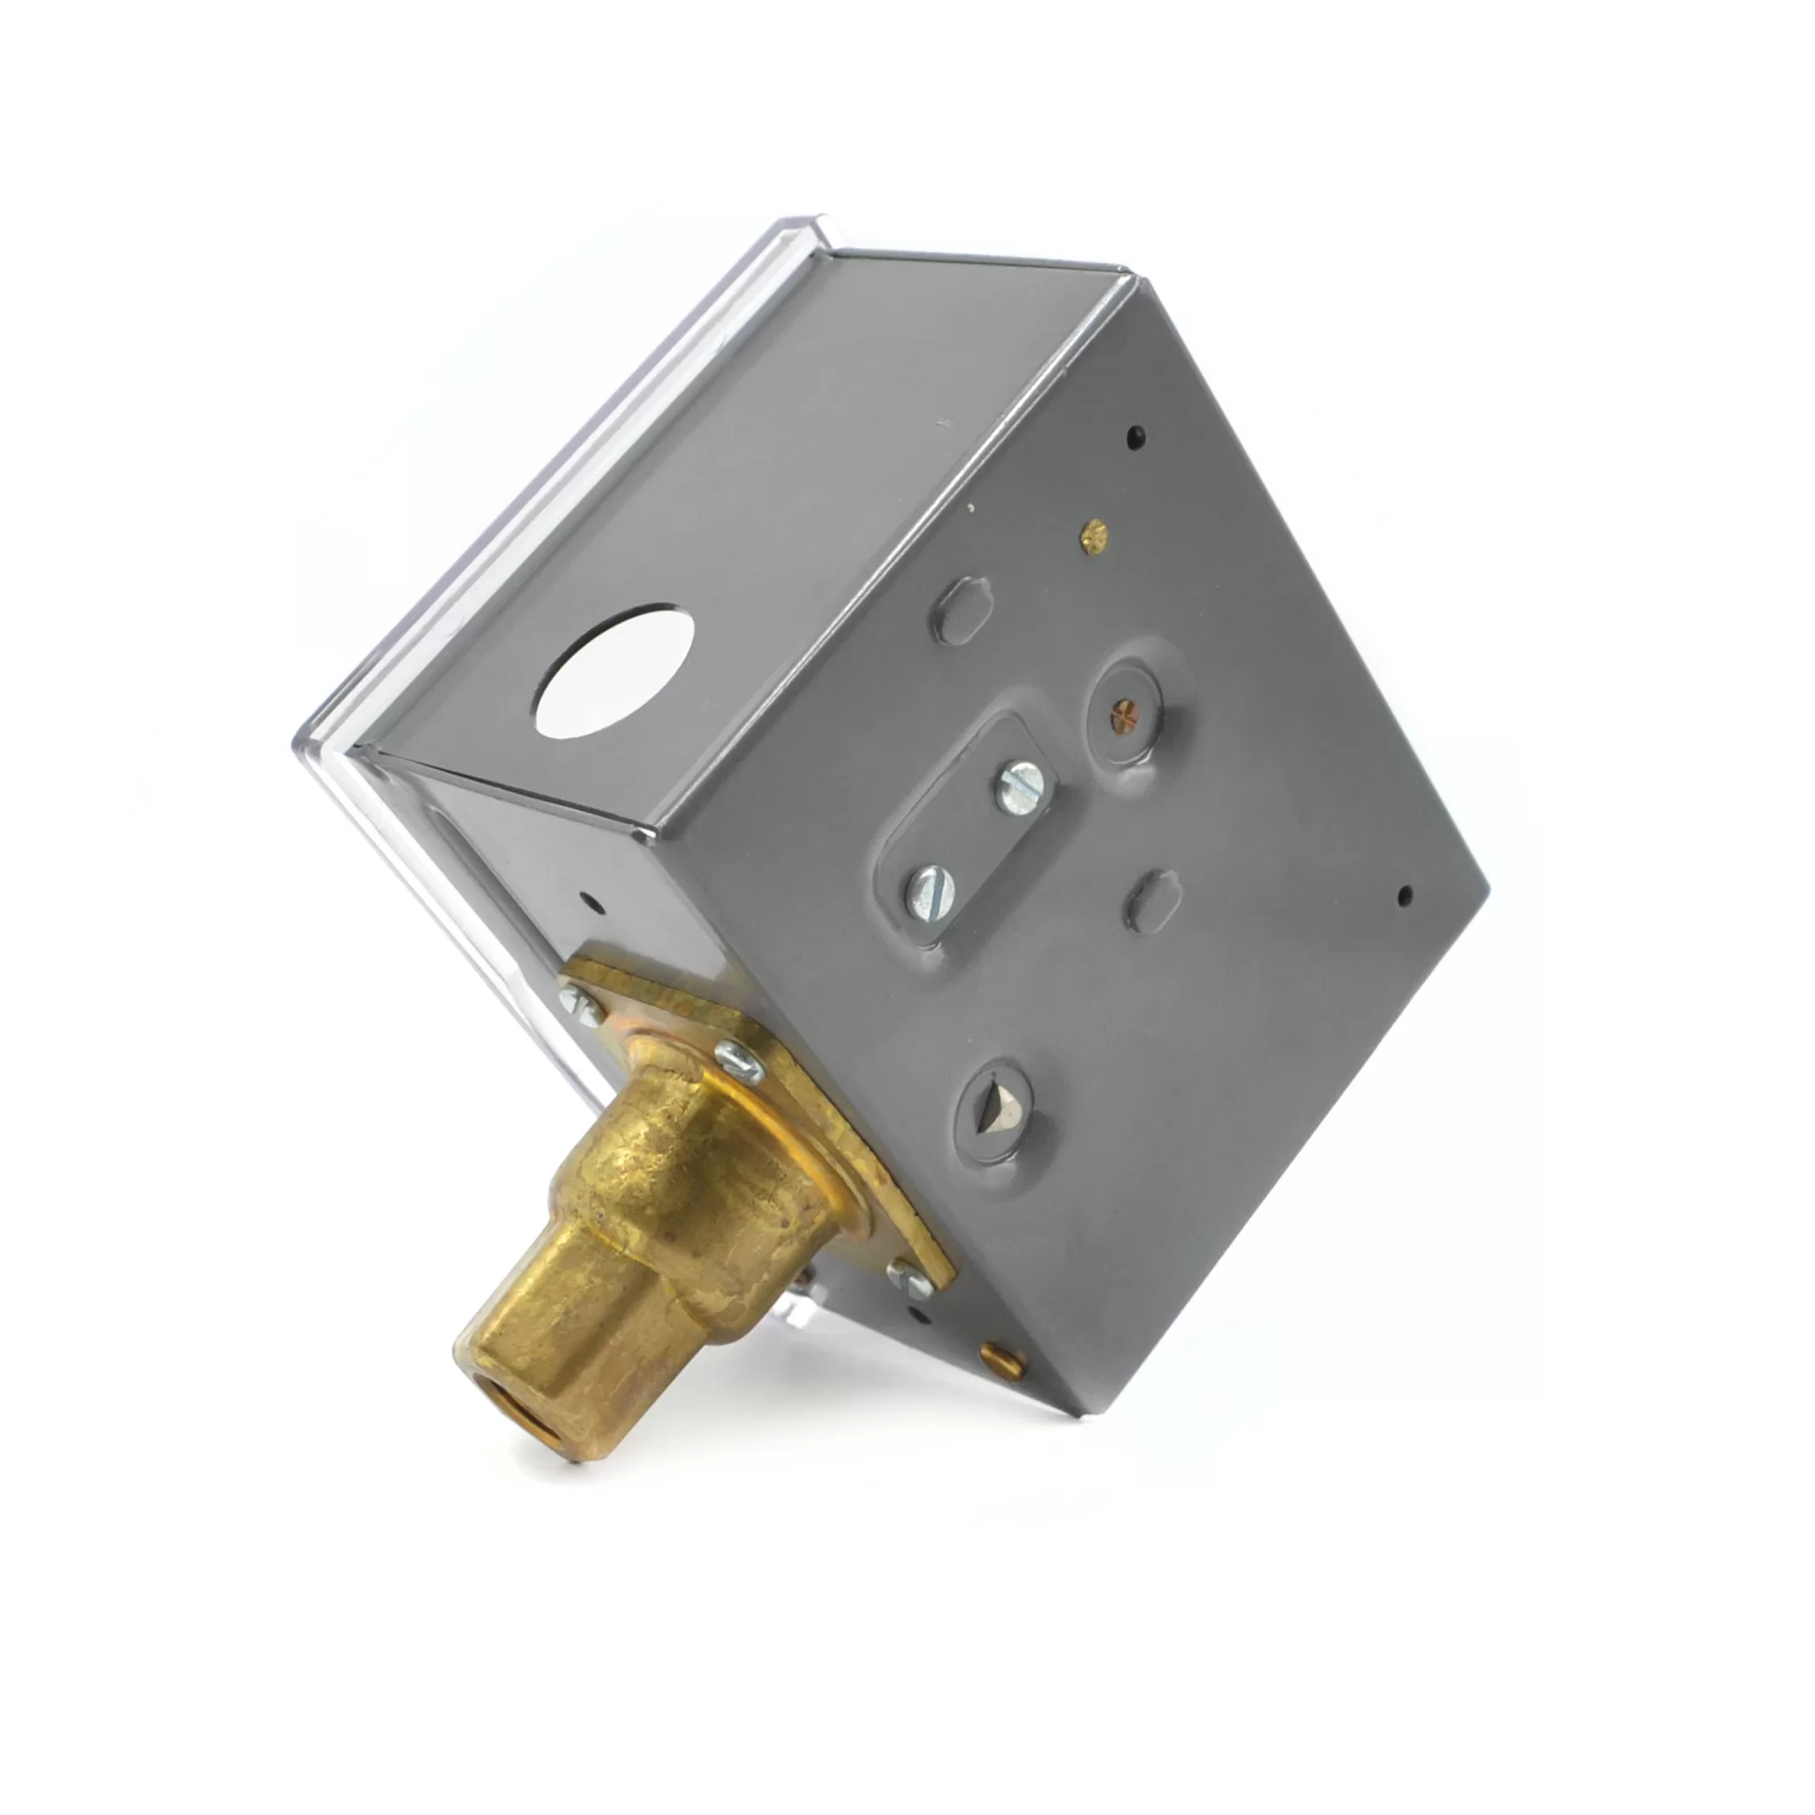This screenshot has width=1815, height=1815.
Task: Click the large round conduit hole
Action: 613,671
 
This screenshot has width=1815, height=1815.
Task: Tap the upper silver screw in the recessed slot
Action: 1020,787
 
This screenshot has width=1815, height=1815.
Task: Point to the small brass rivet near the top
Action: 1094,536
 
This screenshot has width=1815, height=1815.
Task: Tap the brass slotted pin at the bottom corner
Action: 1002,1359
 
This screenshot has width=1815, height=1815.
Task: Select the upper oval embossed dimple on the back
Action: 961,611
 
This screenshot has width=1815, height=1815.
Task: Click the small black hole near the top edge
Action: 1136,435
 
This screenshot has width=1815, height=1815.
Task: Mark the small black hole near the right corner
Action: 1405,895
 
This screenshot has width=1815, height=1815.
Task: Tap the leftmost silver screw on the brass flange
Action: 580,1002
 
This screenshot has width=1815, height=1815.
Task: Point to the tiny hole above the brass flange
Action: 591,907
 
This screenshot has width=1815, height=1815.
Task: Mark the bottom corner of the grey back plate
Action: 1071,1413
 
